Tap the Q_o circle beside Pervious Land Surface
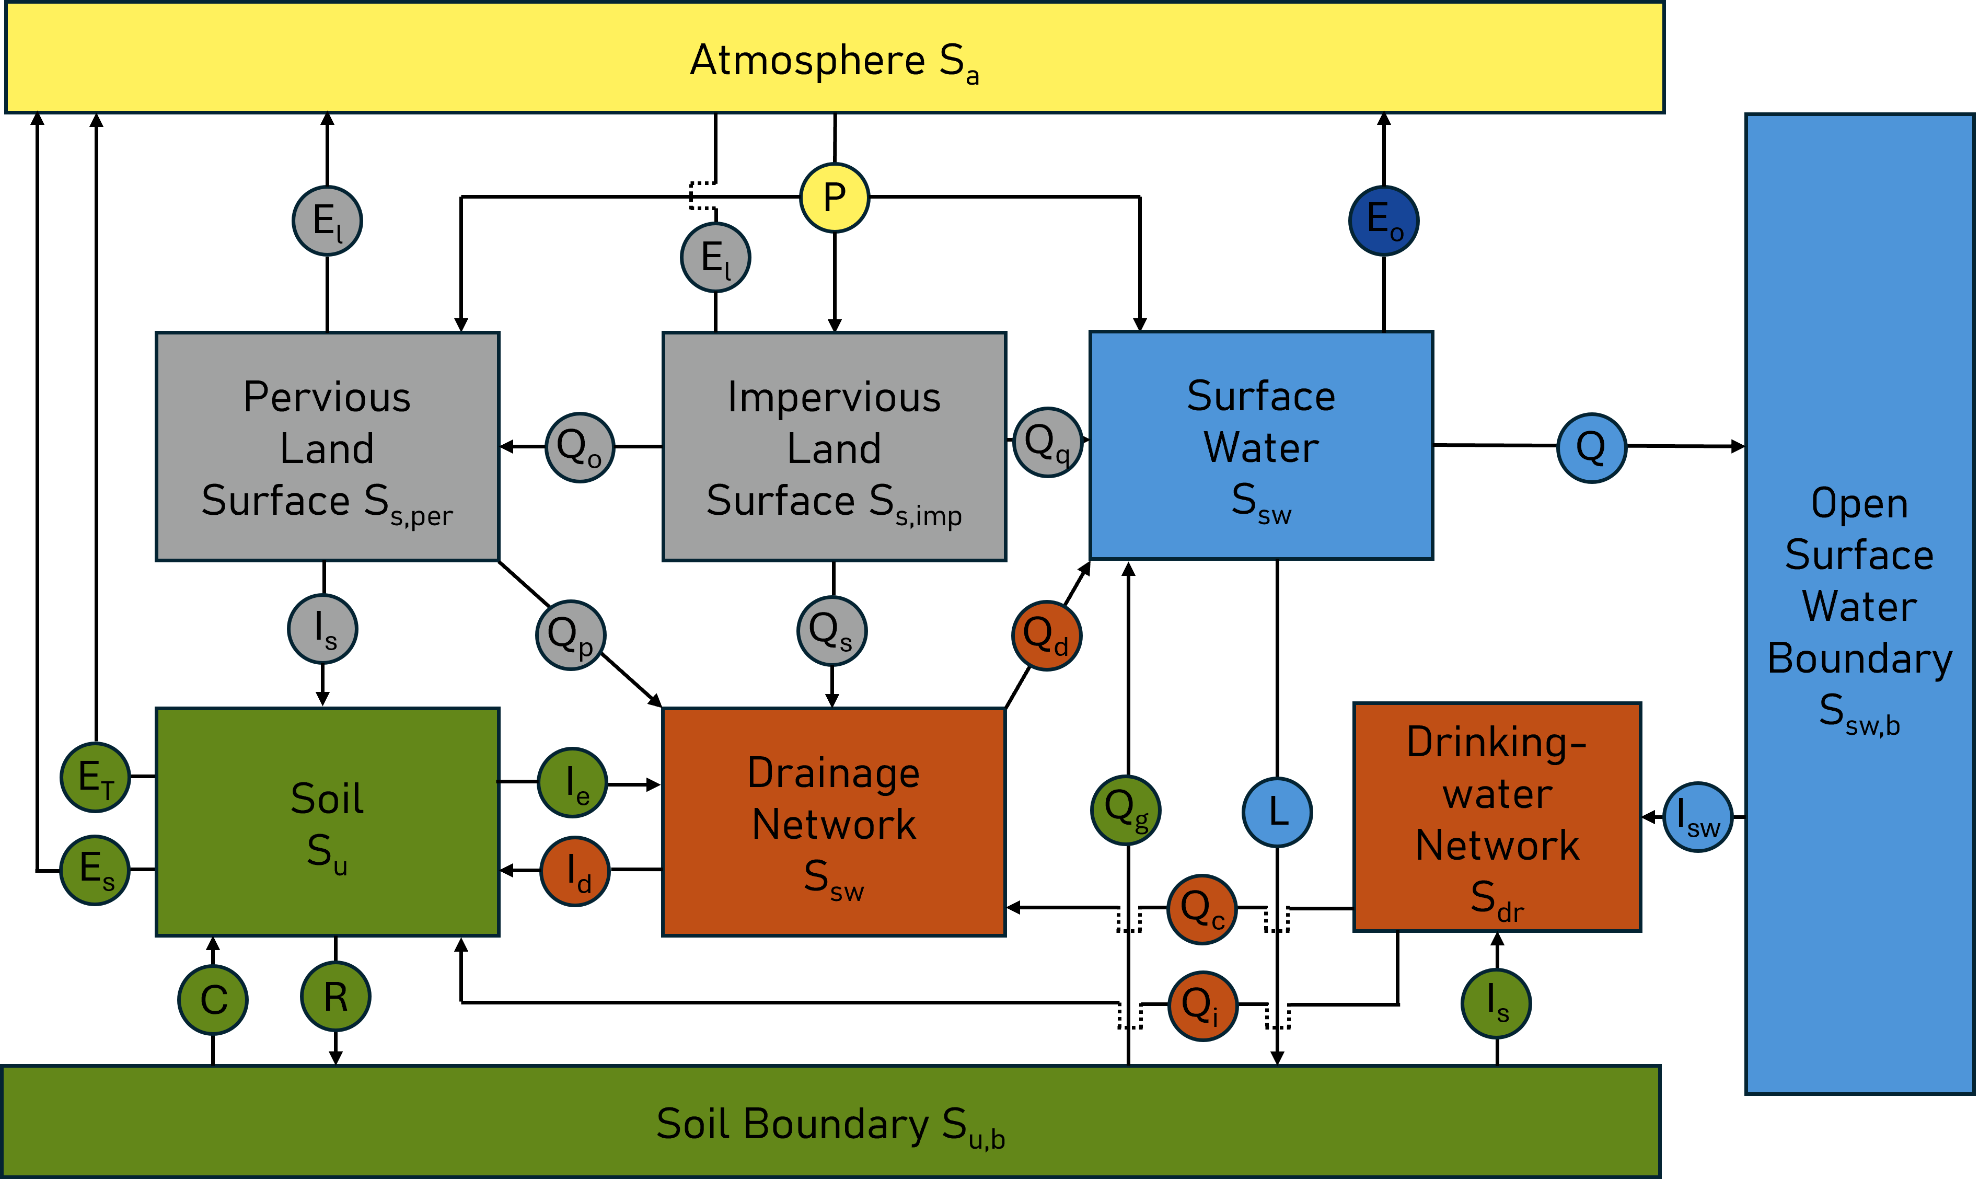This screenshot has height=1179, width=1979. click(x=580, y=447)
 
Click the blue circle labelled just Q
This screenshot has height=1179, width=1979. click(x=1591, y=448)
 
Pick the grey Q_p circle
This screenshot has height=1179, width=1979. click(x=571, y=635)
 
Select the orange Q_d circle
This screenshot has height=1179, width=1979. click(x=1046, y=635)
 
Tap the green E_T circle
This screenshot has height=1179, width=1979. click(x=95, y=777)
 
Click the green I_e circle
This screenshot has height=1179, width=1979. click(x=573, y=782)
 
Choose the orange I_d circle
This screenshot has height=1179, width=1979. click(x=575, y=872)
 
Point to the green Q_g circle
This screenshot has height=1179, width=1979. click(x=1126, y=810)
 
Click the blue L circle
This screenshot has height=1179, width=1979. click(x=1277, y=812)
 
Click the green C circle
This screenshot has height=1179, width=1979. click(x=213, y=999)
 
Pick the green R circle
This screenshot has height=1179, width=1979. click(x=335, y=996)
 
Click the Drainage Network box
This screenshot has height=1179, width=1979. click(x=834, y=822)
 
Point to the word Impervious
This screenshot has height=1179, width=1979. click(x=834, y=397)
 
